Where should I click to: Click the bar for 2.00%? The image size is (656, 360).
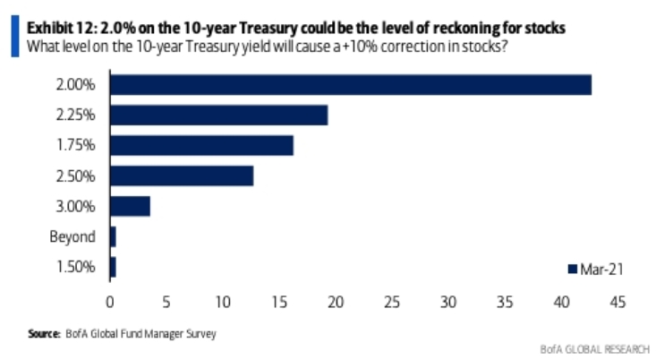350,85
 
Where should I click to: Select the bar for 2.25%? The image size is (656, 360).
218,116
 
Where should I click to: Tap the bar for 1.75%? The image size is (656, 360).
201,145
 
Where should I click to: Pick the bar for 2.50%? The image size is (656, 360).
181,176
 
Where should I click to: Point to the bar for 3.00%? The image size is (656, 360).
130,206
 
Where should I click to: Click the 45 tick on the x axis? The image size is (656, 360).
617,302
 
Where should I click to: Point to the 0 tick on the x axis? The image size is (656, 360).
109,302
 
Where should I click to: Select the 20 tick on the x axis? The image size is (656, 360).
335,302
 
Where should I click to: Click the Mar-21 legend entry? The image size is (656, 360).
596,267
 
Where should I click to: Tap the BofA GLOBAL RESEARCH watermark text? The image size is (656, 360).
595,348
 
